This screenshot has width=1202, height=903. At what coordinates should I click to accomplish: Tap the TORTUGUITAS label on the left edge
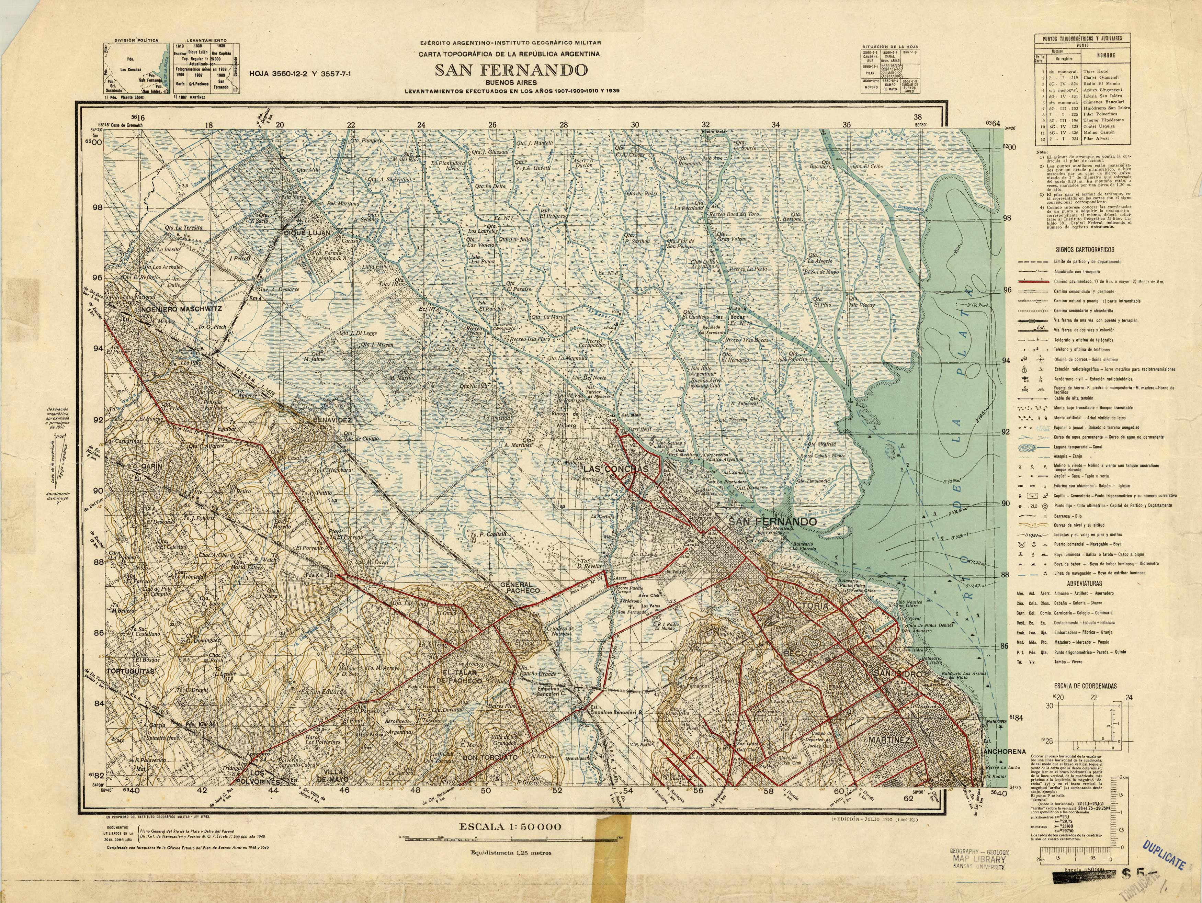[x=131, y=671]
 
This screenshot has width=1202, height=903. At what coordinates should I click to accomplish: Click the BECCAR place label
[x=801, y=654]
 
